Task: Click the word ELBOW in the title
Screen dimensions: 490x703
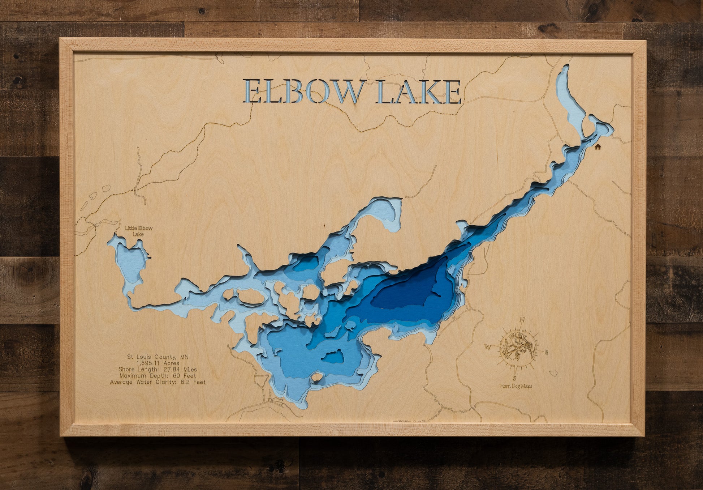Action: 303,92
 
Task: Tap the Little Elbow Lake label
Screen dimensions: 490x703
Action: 139,231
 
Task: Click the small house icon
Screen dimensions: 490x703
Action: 598,147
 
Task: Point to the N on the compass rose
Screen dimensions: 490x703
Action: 522,320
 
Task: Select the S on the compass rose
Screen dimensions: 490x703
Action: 514,378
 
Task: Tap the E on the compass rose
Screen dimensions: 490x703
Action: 546,352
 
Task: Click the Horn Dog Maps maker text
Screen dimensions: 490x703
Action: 516,386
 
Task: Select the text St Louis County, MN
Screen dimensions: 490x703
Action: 158,357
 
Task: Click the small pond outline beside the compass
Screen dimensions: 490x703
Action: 553,373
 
